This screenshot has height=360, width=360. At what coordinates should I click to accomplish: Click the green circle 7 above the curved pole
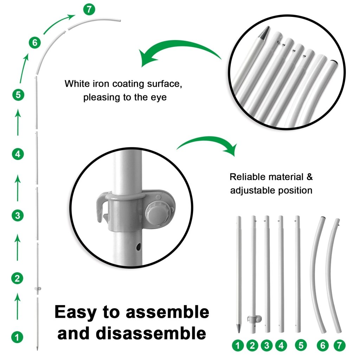(x=89, y=9)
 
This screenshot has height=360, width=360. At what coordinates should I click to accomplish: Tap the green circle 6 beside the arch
(x=34, y=43)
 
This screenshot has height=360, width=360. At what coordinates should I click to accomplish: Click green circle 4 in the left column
(x=18, y=154)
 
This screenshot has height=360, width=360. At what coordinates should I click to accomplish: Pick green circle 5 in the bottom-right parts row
(x=301, y=345)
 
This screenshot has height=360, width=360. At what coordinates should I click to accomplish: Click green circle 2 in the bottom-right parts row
(x=252, y=345)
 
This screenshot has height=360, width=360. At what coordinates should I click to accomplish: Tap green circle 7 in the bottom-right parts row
(x=339, y=345)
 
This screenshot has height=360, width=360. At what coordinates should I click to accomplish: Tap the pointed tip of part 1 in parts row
(x=238, y=329)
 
